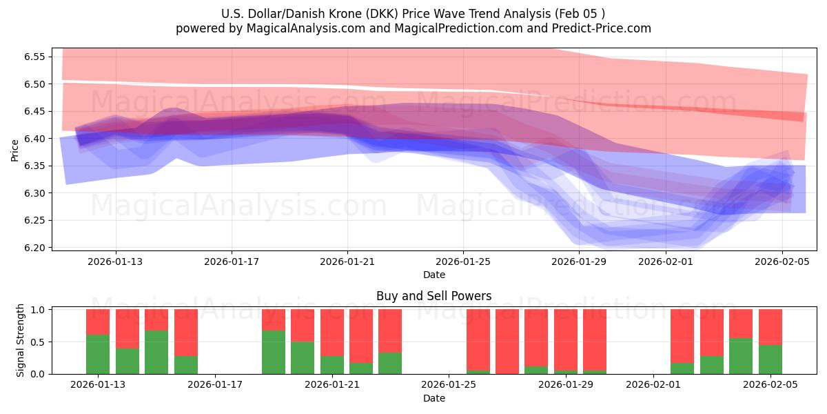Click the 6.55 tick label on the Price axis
click(34, 57)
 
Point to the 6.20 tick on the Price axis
click(34, 248)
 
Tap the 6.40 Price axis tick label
click(34, 139)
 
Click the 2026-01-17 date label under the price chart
click(232, 262)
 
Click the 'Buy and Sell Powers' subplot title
click(433, 296)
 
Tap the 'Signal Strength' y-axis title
click(21, 340)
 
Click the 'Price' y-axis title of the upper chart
click(15, 149)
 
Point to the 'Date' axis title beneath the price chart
click(433, 275)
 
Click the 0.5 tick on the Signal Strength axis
click(38, 342)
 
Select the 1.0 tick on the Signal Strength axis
click(38, 310)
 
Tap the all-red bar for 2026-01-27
click(507, 342)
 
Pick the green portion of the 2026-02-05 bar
click(770, 359)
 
